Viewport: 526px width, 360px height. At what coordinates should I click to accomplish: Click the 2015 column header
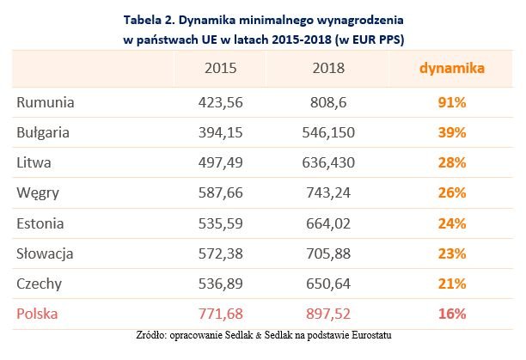pos(221,68)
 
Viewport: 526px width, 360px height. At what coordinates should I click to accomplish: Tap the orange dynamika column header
pos(450,67)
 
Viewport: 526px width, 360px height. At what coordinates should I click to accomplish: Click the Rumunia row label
pos(46,102)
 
